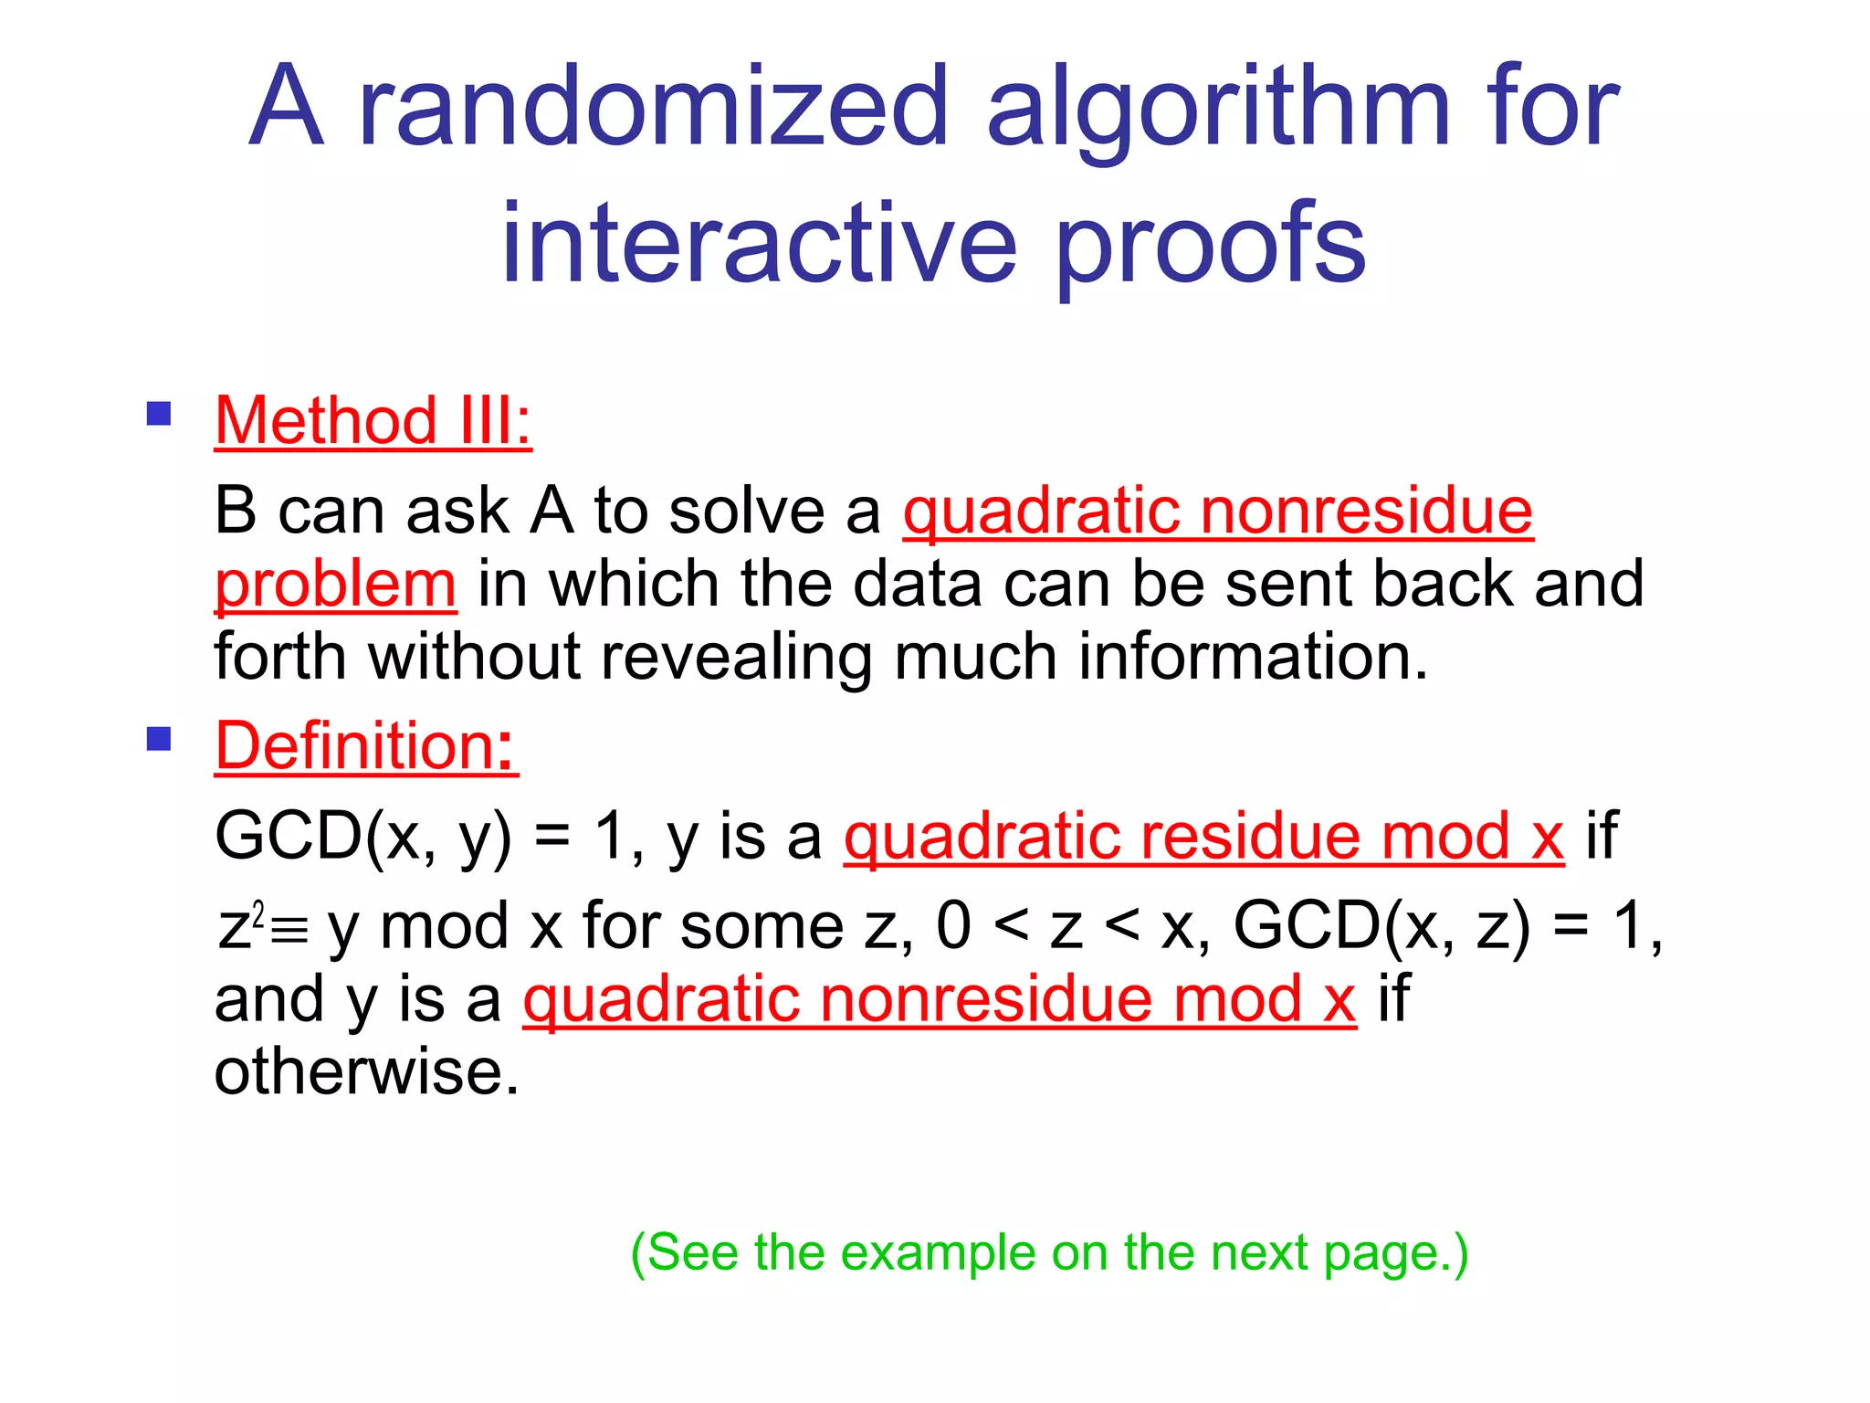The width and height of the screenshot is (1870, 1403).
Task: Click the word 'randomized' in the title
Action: point(654,107)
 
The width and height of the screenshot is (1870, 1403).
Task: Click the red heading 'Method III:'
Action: point(373,421)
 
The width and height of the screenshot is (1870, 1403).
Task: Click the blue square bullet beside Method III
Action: point(159,415)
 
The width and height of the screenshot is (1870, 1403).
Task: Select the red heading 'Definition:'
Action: point(366,745)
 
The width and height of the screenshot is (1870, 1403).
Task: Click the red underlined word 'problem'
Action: point(335,585)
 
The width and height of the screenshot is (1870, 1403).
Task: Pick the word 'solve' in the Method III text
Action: point(747,511)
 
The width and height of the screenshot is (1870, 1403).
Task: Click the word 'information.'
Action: point(1253,657)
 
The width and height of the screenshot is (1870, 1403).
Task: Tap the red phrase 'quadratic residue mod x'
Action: point(1203,836)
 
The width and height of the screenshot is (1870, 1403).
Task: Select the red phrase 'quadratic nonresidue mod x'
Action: point(939,999)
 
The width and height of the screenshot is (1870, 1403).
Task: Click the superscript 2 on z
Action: point(258,913)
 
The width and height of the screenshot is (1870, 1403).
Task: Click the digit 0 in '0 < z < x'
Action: point(953,926)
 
